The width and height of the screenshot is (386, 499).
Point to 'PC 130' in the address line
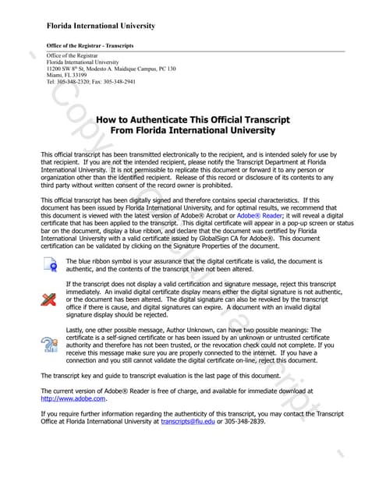coord(165,69)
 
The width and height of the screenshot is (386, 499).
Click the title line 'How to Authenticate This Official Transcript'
coord(193,120)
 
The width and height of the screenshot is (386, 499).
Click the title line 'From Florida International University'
coord(193,131)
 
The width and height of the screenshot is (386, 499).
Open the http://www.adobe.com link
coord(73,398)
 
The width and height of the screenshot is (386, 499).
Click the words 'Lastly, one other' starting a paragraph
coord(90,330)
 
